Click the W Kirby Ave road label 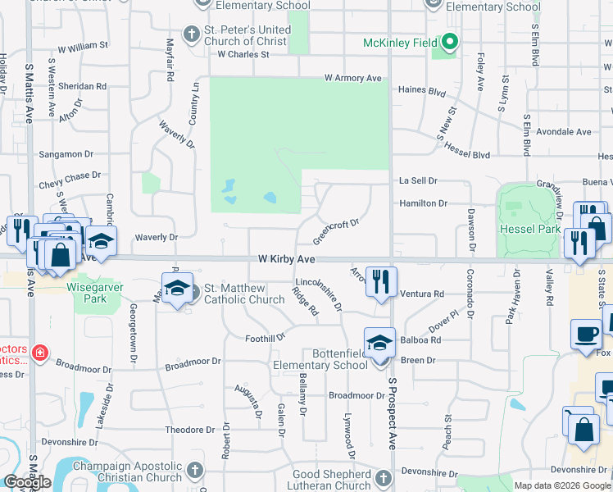[286, 258]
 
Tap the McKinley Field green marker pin [449, 42]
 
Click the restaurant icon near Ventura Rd [381, 281]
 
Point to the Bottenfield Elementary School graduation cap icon [380, 342]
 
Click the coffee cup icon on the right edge [587, 335]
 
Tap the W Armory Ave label [353, 78]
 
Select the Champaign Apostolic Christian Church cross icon [194, 470]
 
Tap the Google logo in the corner [27, 482]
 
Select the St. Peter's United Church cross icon [191, 35]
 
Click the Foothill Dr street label [265, 338]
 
